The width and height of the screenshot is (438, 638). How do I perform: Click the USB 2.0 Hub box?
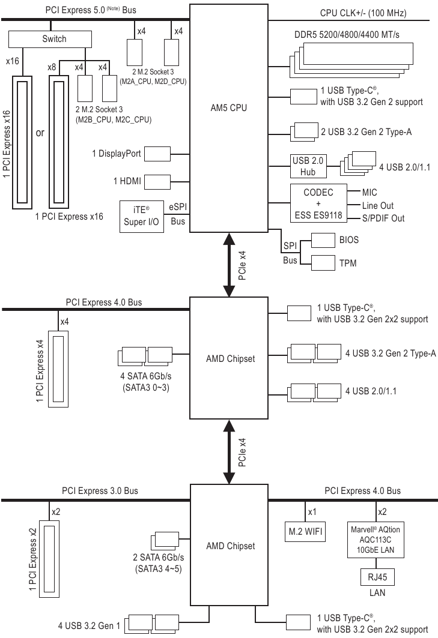308,164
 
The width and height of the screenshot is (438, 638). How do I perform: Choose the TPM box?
333,263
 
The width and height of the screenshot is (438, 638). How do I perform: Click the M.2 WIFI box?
305,531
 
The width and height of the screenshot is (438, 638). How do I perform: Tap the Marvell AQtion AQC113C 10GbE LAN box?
376,538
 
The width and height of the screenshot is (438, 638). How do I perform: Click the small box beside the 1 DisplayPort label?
158,154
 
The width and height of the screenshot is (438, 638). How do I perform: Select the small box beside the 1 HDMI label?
158,181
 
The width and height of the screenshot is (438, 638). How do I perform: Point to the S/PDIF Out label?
384,218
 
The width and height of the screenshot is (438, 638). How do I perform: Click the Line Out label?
378,206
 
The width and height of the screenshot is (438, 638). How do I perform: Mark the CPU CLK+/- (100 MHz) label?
380,13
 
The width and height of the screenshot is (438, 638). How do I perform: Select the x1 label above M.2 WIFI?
312,512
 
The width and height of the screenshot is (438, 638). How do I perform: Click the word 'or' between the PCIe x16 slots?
40,133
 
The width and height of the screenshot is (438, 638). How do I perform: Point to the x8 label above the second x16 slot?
52,68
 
